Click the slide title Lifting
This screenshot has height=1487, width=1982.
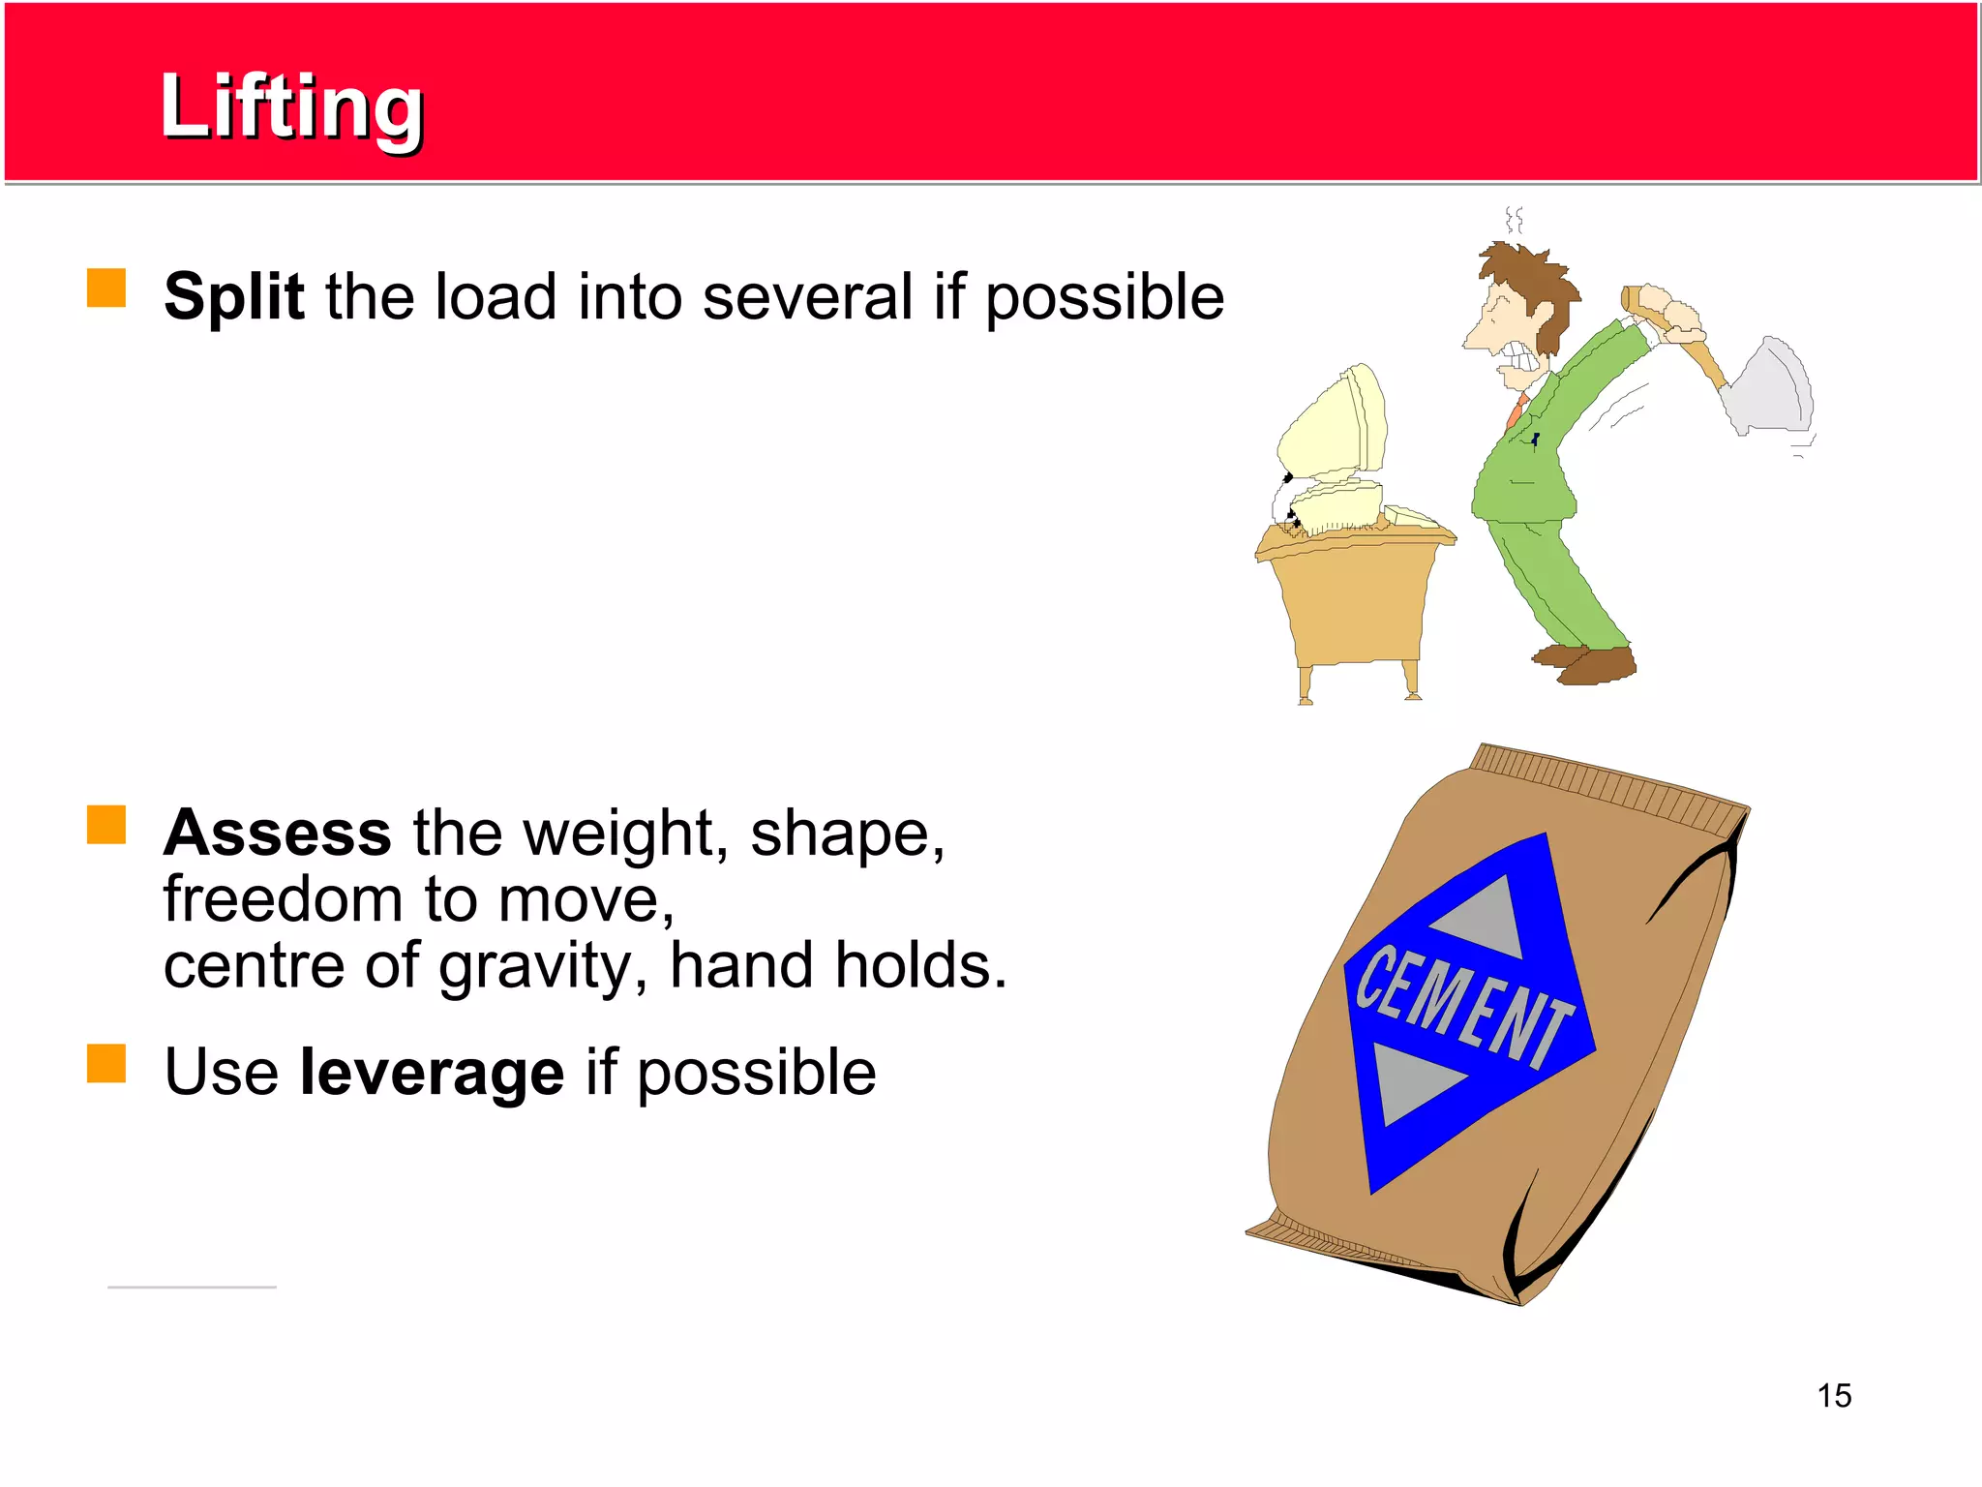click(291, 106)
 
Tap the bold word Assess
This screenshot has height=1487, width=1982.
click(277, 833)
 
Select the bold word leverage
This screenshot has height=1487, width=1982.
click(432, 1073)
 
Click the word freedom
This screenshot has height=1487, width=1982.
click(282, 899)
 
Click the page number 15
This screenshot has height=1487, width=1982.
click(1833, 1396)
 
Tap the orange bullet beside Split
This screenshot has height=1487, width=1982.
click(106, 288)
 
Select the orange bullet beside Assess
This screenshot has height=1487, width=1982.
click(106, 825)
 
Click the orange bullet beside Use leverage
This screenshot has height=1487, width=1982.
click(106, 1063)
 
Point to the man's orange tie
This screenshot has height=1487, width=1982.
click(1516, 410)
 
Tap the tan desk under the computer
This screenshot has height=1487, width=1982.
click(1355, 600)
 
